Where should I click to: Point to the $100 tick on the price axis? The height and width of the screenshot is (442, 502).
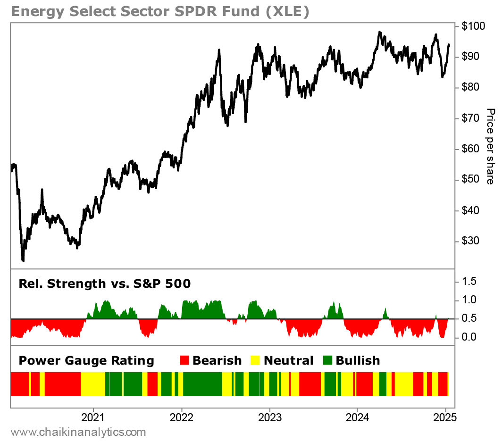pyautogui.click(x=472, y=26)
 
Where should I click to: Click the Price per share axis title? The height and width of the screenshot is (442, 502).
pyautogui.click(x=491, y=146)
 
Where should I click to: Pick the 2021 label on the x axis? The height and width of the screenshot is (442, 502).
pyautogui.click(x=93, y=417)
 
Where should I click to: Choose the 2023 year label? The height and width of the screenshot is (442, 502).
pyautogui.click(x=269, y=417)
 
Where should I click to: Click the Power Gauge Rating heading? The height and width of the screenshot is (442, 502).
pyautogui.click(x=86, y=361)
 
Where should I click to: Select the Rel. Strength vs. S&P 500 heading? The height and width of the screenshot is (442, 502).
pyautogui.click(x=105, y=284)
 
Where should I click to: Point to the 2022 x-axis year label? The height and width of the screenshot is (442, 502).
pyautogui.click(x=182, y=417)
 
